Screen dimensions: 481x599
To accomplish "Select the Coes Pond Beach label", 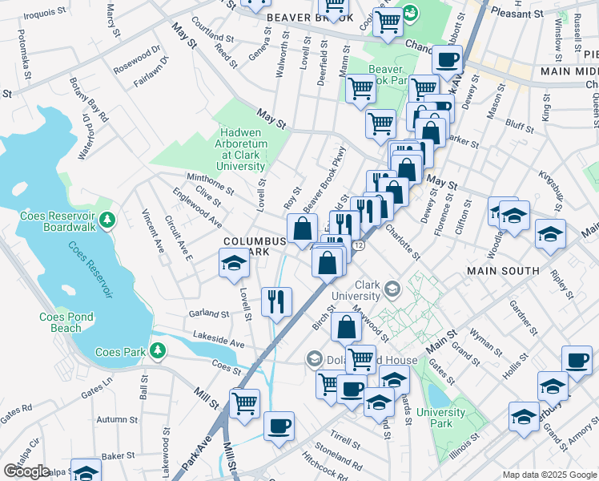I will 61,322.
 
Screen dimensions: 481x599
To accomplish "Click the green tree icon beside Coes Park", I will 158,350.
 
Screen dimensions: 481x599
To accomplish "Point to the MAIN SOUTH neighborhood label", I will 503,271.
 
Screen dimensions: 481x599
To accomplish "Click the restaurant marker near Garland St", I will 276,302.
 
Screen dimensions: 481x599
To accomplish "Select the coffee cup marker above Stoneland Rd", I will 279,426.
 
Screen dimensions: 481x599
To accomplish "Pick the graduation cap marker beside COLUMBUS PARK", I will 233,263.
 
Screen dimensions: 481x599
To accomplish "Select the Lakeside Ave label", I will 215,342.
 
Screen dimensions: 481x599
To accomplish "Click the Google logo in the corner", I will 26,471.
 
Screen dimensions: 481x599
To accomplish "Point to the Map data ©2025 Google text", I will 549,475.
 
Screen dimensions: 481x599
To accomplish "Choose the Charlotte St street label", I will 402,240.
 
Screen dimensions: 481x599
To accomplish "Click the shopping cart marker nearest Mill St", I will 244,402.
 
